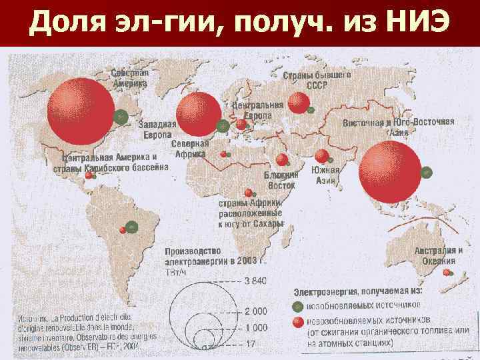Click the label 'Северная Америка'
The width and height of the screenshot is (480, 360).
click(129, 79)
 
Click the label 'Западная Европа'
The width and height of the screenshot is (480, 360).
click(157, 129)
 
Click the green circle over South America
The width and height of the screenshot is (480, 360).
click(132, 227)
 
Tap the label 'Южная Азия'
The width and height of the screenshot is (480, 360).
click(326, 175)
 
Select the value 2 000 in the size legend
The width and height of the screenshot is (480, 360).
click(255, 311)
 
